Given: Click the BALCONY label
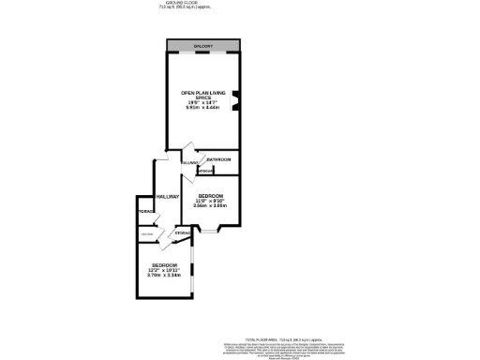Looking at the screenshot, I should coord(203,46).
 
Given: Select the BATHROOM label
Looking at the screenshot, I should coord(218,160).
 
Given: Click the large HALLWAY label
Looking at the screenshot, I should coord(168,196).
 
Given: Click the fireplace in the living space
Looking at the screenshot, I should coord(236,99).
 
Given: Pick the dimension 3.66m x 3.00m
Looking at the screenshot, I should coord(210,204).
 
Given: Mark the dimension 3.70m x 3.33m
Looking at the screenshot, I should coord(164,276).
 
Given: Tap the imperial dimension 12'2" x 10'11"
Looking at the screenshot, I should coord(164,271).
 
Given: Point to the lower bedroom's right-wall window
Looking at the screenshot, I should coord(192,266).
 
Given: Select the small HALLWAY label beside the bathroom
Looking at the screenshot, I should coord(188,163).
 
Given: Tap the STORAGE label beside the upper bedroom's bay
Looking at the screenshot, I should coord(182,232).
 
